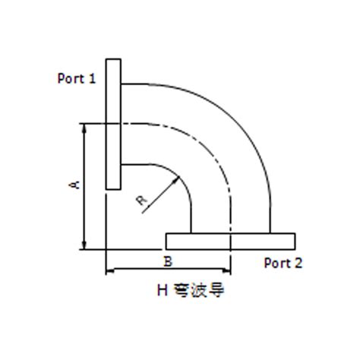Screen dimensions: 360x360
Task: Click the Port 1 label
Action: coord(76,78)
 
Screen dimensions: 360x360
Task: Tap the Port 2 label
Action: coord(283,263)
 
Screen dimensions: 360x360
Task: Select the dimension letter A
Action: coord(73,185)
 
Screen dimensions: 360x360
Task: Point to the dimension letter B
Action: coord(168,261)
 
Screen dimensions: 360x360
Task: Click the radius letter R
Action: coord(141,201)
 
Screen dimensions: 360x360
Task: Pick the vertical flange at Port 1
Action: coord(113,124)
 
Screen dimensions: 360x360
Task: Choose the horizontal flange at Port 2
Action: coord(230,241)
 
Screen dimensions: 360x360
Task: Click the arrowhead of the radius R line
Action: coord(177,178)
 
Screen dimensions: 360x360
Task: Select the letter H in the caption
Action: coord(161,289)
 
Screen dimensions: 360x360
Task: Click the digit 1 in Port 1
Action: coord(92,78)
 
